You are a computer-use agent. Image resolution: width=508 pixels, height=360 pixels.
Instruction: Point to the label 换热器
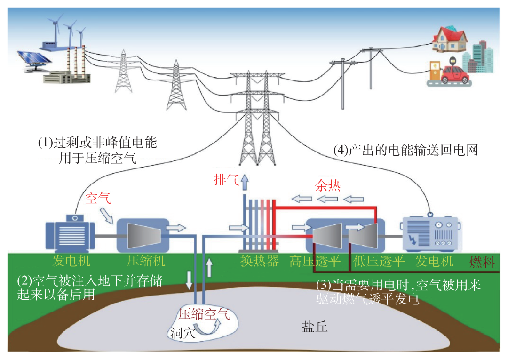(260, 261)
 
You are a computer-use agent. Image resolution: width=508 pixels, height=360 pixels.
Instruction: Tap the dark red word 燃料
(482, 262)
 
